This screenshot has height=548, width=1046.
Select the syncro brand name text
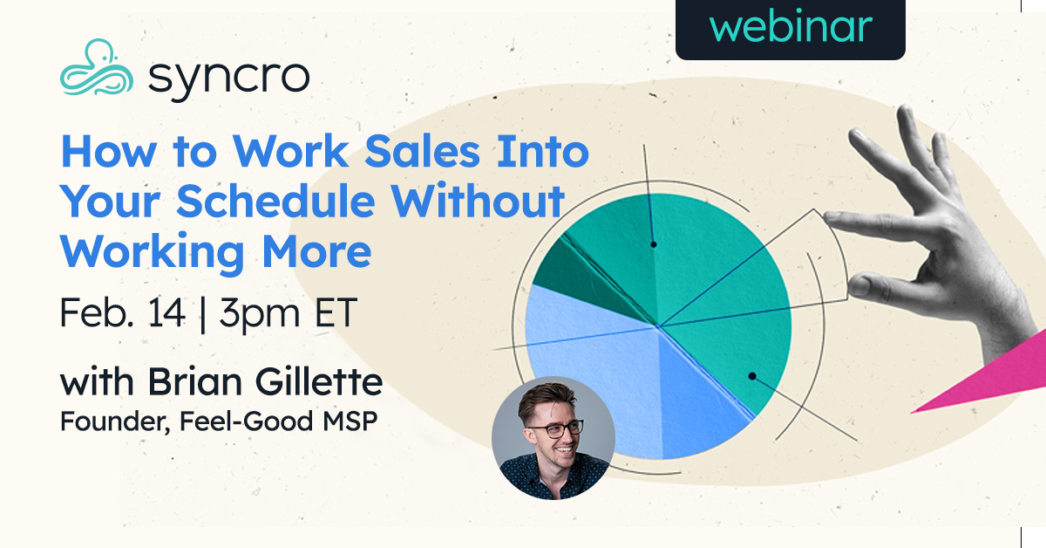coord(228,76)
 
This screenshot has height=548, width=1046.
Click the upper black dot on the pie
coord(653,245)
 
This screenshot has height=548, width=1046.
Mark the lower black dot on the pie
coord(751,376)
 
